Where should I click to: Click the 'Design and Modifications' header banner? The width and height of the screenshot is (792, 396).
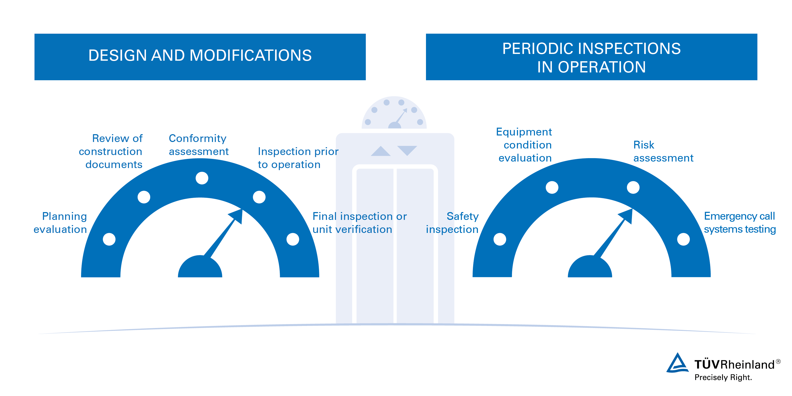[200, 57]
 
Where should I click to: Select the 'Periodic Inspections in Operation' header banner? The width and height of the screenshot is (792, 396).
[591, 57]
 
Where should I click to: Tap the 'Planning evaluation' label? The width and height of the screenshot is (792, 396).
[60, 223]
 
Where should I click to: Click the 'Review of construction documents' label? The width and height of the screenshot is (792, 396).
[111, 151]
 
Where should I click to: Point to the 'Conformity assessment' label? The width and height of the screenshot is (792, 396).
[199, 145]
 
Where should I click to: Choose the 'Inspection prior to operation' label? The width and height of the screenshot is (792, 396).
[298, 158]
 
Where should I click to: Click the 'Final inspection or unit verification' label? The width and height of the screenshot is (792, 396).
[360, 223]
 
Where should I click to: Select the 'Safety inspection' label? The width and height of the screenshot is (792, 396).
[452, 223]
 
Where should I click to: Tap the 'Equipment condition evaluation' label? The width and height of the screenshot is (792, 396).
[524, 145]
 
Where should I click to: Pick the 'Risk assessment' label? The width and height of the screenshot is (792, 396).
[663, 151]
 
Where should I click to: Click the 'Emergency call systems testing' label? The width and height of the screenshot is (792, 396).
[740, 223]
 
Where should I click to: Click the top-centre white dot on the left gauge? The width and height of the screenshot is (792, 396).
[202, 178]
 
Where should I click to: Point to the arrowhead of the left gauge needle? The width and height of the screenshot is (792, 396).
[237, 216]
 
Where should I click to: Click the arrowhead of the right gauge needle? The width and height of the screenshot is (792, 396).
[627, 216]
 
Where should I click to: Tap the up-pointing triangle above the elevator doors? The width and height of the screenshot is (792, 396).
[381, 151]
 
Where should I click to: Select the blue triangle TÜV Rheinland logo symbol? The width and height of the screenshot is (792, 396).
[677, 363]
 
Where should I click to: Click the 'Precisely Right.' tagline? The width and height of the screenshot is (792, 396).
[723, 378]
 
